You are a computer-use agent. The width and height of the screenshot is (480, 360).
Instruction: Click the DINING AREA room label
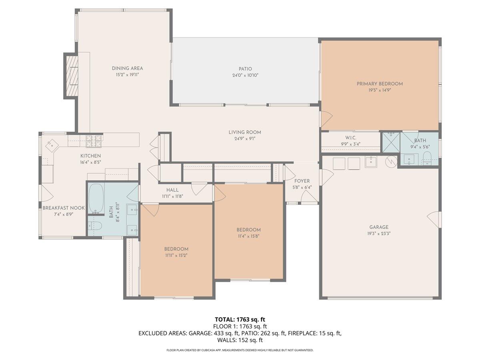point(127,68)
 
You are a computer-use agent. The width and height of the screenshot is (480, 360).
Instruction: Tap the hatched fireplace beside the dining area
point(71,76)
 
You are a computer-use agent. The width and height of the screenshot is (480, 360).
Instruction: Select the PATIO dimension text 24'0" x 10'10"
point(245,75)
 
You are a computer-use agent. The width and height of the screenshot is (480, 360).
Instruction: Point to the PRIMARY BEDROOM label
point(380,84)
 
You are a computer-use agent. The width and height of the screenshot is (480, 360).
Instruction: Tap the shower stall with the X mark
point(390,142)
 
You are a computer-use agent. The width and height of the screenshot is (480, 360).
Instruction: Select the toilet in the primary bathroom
point(426,158)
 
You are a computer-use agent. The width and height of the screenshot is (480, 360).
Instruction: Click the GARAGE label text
point(379,227)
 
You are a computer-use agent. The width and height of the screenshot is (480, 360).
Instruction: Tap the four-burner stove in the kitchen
point(94,140)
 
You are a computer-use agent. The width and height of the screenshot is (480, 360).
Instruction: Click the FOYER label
point(302,181)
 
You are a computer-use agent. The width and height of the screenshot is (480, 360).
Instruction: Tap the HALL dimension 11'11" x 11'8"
point(173,196)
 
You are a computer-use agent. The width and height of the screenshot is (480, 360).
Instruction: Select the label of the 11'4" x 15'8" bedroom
point(248,230)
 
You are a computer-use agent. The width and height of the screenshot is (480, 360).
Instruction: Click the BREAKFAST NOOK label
point(64,208)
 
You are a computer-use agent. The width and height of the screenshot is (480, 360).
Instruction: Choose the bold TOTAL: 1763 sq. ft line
point(240,319)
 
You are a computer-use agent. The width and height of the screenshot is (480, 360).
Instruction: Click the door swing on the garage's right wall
point(434,220)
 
